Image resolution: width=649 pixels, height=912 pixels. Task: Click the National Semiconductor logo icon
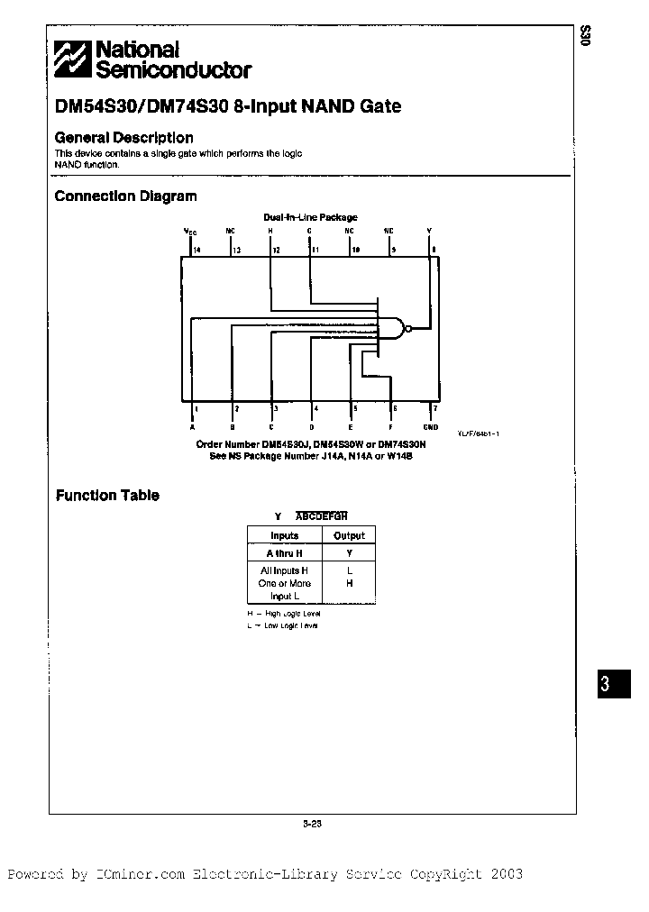point(72,60)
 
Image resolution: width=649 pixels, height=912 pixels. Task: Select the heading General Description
point(123,138)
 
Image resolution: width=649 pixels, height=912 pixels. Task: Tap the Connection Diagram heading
point(125,196)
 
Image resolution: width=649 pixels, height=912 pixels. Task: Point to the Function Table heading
point(107,495)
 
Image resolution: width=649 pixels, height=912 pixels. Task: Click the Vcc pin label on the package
point(190,231)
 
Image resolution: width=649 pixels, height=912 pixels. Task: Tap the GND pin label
point(430,427)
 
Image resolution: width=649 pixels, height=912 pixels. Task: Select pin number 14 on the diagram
point(197,250)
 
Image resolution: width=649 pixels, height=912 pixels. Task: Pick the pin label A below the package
point(192,427)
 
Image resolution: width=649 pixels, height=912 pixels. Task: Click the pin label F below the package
point(390,427)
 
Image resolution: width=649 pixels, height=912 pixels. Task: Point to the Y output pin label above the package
point(429,231)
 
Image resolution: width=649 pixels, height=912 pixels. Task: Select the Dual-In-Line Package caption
point(310,217)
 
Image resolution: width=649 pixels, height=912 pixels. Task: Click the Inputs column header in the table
point(284,535)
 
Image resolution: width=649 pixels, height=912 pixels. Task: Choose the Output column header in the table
point(349,535)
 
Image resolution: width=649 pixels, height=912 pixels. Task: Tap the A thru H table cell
point(284,552)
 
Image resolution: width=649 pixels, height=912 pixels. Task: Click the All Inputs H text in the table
point(284,571)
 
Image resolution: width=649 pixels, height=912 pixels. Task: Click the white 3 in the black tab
point(606,684)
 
